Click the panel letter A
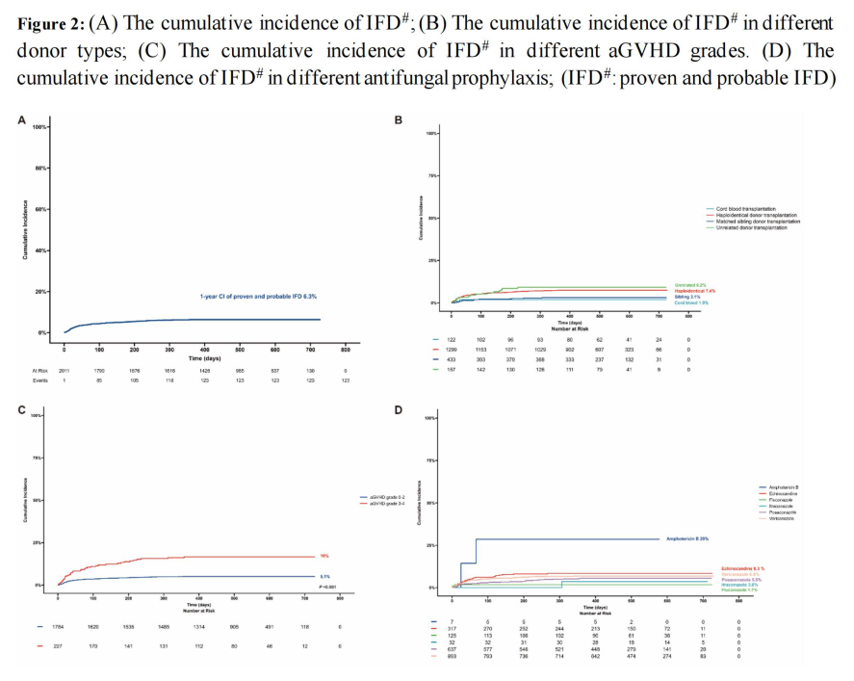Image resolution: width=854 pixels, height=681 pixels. coord(21,119)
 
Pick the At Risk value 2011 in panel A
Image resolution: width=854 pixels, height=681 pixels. coord(65,370)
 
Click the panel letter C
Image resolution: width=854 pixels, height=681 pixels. coord(21,409)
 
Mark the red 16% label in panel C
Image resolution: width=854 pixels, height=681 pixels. coord(323,556)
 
